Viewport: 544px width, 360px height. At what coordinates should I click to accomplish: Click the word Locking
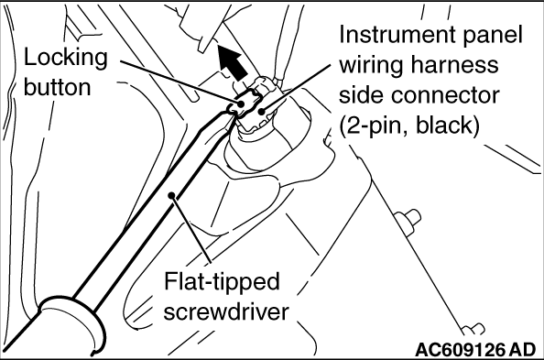point(66,59)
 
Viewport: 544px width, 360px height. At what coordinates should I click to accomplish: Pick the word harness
point(455,64)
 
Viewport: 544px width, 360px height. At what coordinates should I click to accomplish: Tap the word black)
point(448,125)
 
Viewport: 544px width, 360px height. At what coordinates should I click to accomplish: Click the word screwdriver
point(226,311)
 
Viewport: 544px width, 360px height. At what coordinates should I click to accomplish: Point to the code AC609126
point(460,349)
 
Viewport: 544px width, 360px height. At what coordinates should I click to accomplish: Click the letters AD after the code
point(523,349)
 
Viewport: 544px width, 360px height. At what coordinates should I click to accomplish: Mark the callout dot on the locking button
point(241,104)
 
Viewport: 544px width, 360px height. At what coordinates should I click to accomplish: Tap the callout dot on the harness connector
point(262,111)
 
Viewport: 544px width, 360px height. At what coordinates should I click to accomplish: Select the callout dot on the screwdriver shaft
point(171,196)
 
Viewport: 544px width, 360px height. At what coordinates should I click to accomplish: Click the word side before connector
point(361,95)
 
